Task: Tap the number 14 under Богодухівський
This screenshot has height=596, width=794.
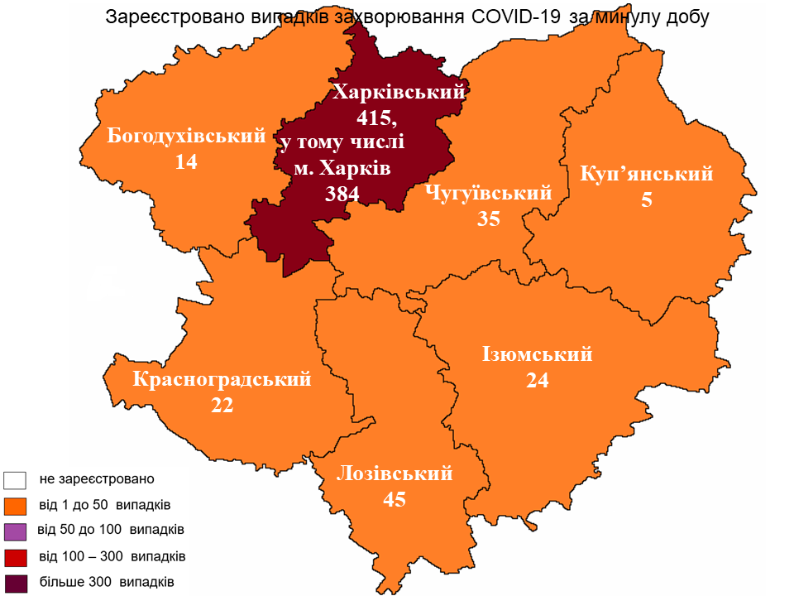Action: click(x=186, y=163)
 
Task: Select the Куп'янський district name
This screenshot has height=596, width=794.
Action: click(x=646, y=174)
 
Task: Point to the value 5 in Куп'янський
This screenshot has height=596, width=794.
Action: click(x=647, y=200)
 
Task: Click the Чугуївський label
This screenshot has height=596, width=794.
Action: click(x=488, y=194)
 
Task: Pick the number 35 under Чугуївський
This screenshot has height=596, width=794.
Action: click(x=489, y=219)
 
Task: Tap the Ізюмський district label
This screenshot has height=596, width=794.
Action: click(x=538, y=354)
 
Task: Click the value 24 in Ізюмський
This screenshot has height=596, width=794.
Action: click(x=538, y=381)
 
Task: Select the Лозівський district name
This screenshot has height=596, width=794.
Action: click(x=395, y=473)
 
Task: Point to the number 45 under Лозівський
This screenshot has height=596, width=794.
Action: click(x=395, y=500)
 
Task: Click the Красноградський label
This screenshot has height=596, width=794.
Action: click(x=222, y=380)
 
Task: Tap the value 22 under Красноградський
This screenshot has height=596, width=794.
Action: click(x=222, y=406)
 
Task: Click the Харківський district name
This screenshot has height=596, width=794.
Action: click(x=398, y=92)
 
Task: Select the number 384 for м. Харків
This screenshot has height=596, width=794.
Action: click(x=342, y=195)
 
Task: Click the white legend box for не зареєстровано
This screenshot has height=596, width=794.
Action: click(x=16, y=479)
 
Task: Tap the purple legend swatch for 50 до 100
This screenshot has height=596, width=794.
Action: click(x=16, y=530)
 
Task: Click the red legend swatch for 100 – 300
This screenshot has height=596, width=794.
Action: click(x=16, y=555)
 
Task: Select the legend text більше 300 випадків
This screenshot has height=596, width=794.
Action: click(x=106, y=581)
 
